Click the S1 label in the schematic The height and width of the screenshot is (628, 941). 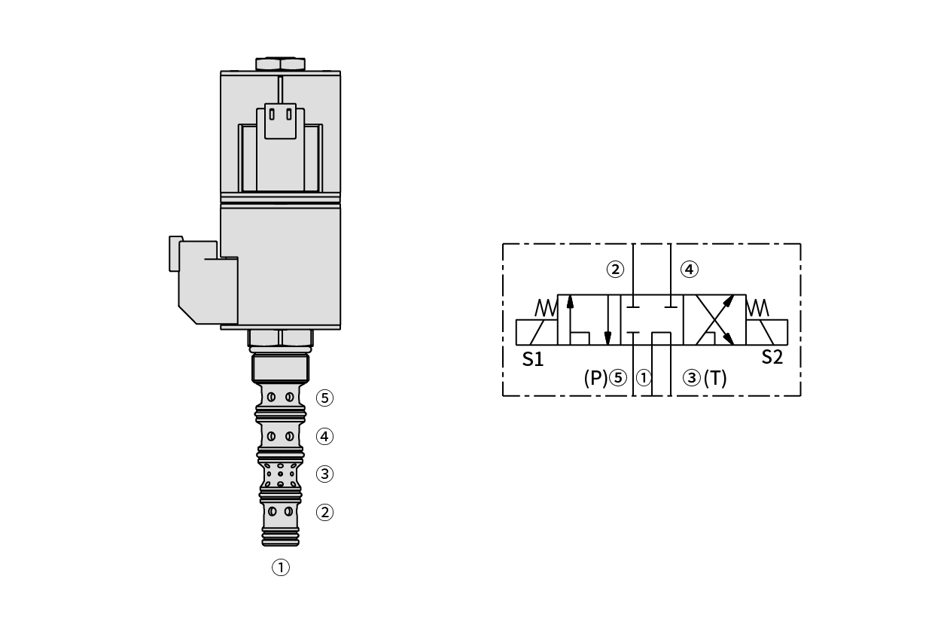pos(533,359)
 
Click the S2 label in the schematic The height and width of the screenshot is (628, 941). pos(772,357)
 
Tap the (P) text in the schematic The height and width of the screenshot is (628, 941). pos(595,378)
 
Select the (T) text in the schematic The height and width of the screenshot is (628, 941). pos(715,378)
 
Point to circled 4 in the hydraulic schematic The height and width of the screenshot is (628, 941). pos(690,270)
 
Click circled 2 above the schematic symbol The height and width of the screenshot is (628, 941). pos(616,270)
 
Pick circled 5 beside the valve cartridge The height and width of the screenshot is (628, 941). pos(324,398)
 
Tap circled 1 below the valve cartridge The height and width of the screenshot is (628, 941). pos(281,568)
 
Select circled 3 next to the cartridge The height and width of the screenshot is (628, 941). pos(324,474)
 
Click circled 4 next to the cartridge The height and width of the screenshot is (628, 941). pos(324,437)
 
